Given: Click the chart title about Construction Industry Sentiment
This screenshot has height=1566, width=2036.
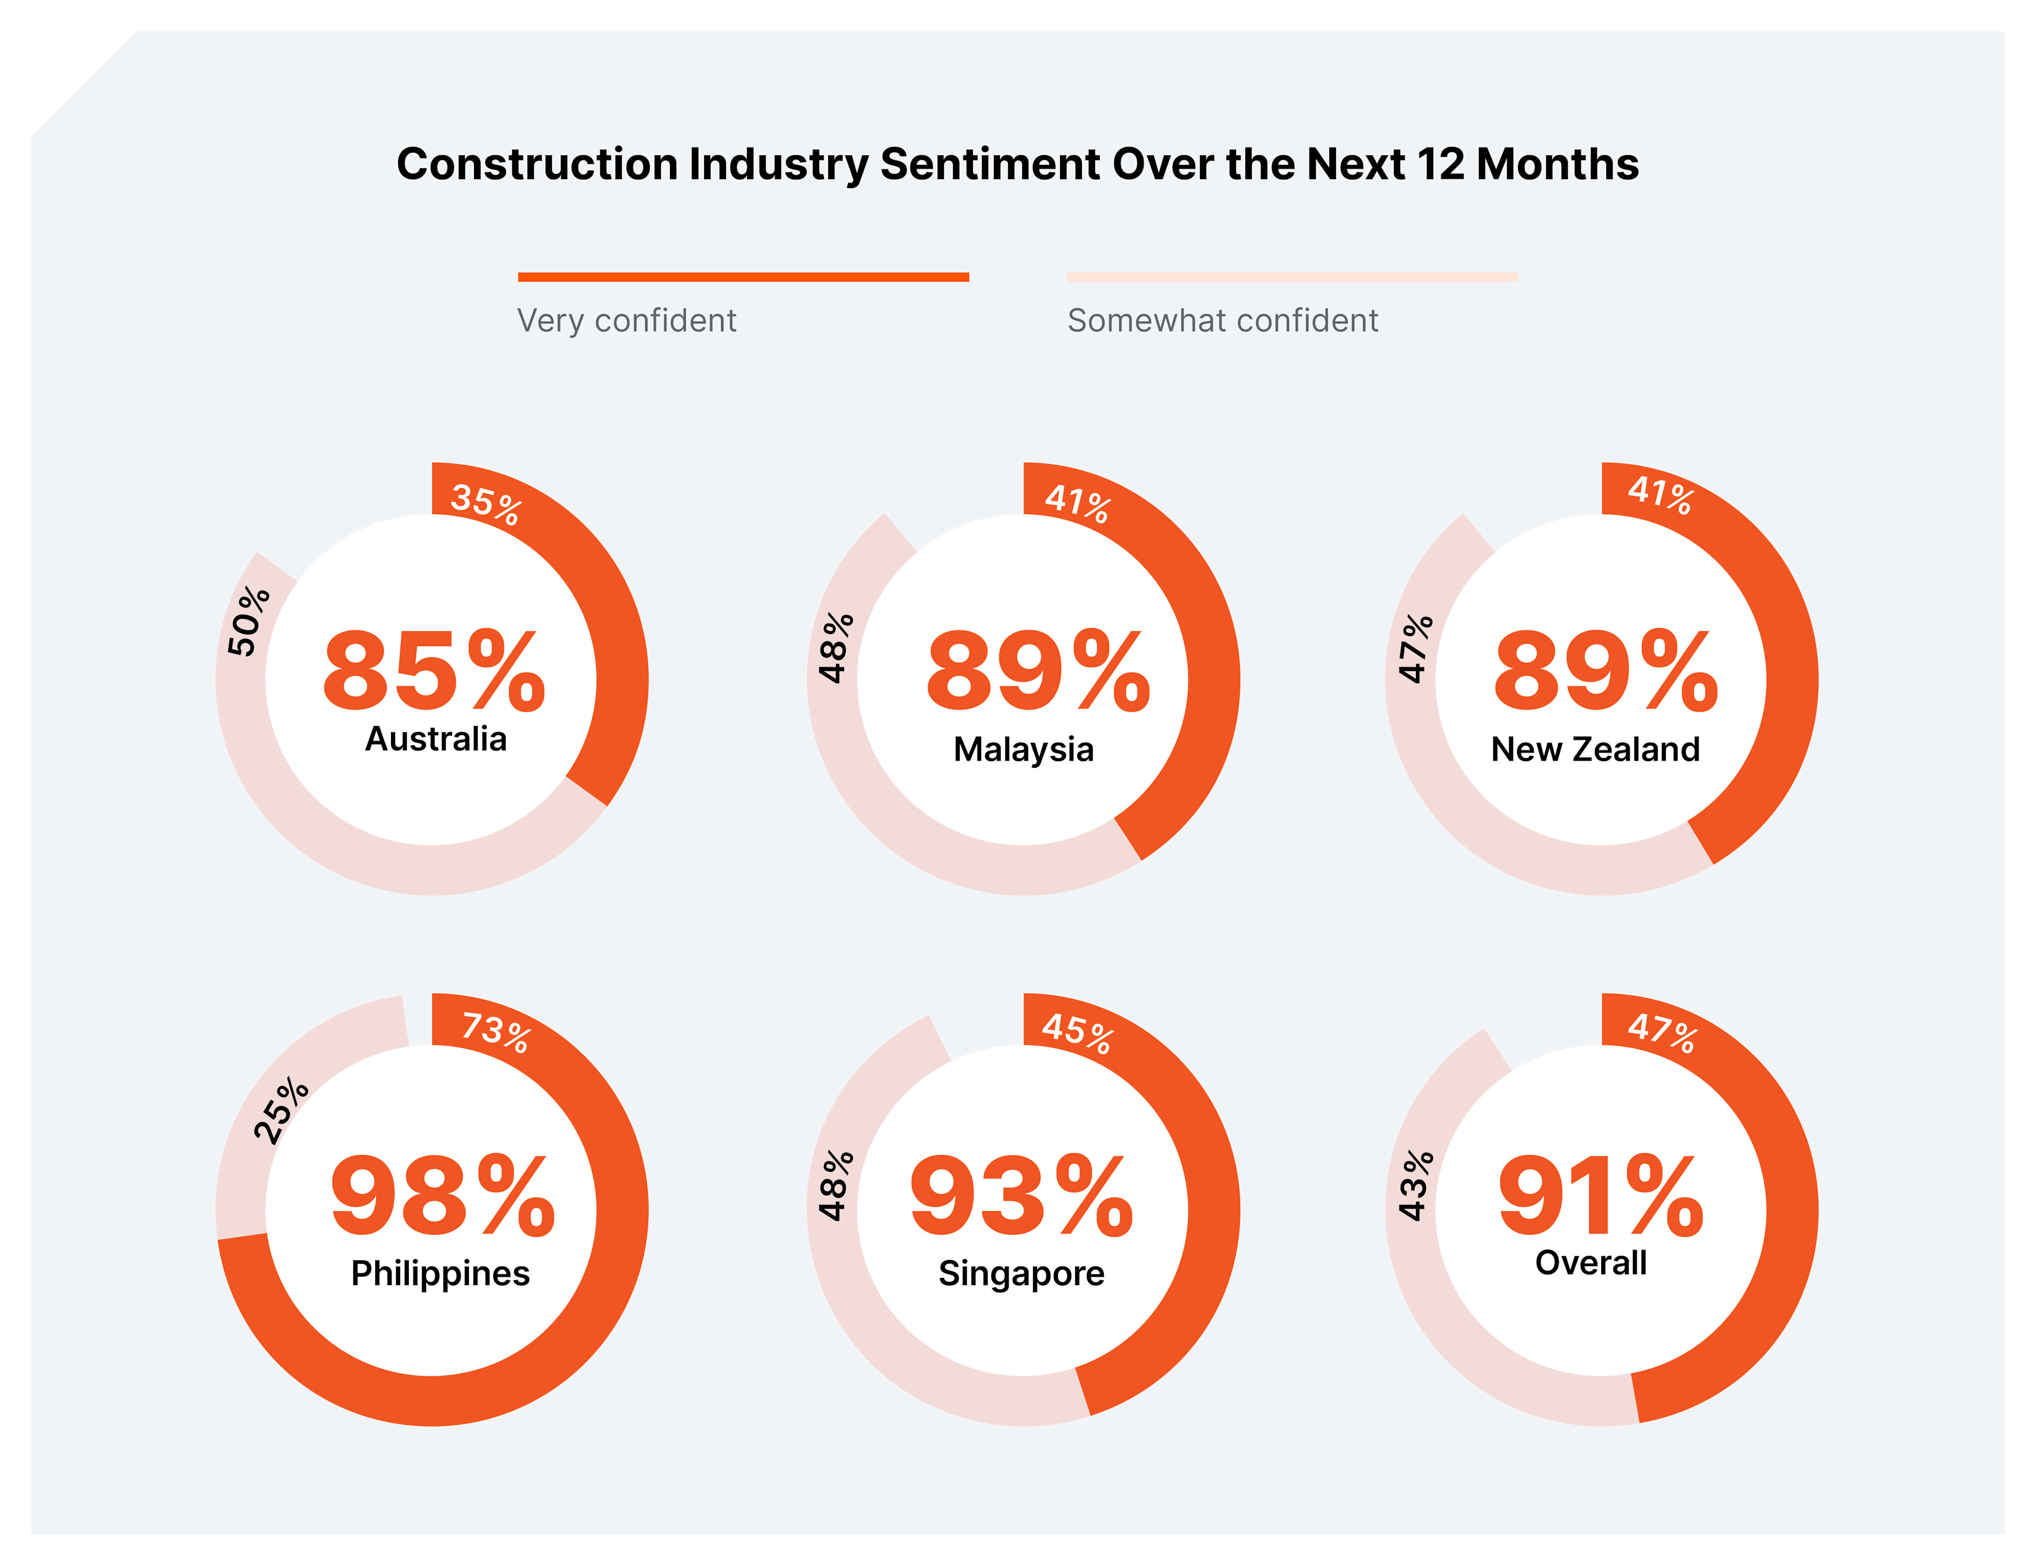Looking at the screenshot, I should coord(1017,164).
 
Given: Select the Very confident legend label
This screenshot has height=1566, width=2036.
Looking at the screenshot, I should coord(626,321).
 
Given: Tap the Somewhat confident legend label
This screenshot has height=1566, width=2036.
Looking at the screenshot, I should coord(1222,321).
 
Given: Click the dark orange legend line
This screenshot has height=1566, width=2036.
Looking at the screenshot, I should coord(743,277).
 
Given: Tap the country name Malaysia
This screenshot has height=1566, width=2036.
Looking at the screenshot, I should coord(1023,749).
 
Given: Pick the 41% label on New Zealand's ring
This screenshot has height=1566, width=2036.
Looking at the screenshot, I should coord(1660,494).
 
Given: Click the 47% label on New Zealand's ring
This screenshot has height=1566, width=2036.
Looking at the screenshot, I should coord(1415,648).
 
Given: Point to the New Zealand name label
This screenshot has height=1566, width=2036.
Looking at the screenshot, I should coord(1595,749).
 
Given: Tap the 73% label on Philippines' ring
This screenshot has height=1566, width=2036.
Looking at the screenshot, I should coord(496,1032).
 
